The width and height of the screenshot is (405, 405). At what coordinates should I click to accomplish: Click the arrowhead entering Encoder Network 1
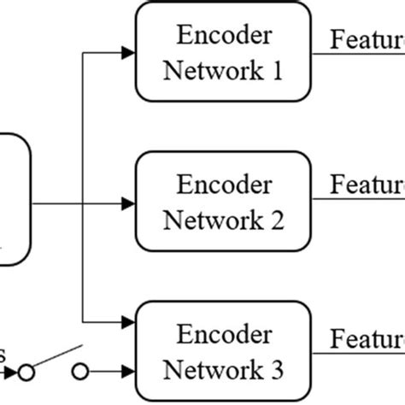(x=128, y=54)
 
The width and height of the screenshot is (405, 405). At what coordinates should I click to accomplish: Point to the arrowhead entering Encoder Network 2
(x=128, y=203)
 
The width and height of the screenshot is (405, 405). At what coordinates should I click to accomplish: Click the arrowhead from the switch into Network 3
(x=128, y=372)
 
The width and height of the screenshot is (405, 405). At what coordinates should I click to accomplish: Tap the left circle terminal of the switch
(x=28, y=373)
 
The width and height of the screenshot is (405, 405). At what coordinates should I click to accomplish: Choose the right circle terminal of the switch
(x=80, y=373)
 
